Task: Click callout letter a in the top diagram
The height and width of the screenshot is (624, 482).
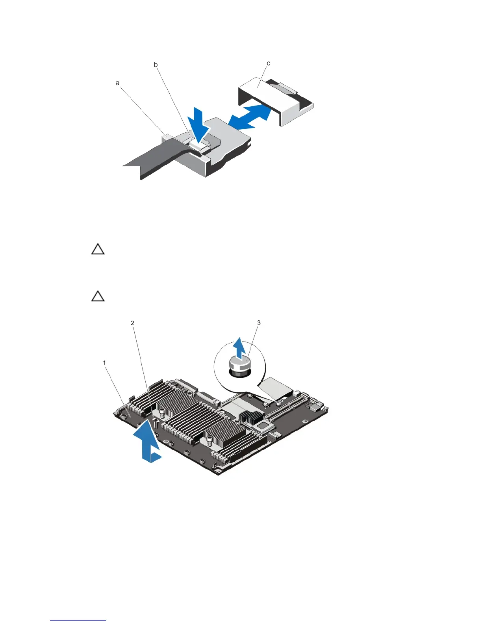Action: [x=117, y=83]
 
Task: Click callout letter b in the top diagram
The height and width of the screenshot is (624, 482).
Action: [x=156, y=65]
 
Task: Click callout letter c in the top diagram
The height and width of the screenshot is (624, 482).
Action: [x=268, y=63]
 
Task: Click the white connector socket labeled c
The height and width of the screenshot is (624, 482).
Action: [x=276, y=98]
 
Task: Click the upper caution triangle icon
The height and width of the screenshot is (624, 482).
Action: [x=98, y=249]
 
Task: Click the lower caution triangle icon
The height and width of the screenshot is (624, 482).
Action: [x=98, y=296]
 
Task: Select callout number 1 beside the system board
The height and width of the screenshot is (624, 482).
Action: [x=104, y=363]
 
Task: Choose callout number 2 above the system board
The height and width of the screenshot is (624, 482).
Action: [x=133, y=323]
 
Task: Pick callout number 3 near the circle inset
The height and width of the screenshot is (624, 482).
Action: [x=259, y=323]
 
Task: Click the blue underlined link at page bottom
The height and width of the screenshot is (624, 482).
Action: [x=78, y=620]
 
